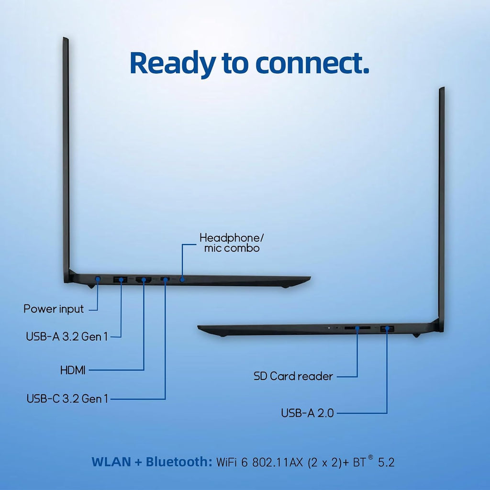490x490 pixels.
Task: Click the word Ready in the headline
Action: [x=172, y=64]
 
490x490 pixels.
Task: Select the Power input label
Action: [x=54, y=309]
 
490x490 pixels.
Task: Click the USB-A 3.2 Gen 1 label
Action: [x=67, y=336]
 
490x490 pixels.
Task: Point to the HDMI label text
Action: [x=73, y=370]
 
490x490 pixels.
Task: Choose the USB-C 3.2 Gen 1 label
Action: [x=67, y=399]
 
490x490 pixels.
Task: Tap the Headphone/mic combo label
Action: [x=232, y=243]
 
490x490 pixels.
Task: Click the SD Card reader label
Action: [x=293, y=376]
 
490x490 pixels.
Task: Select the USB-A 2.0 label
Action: [x=308, y=413]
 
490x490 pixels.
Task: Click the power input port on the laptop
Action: [x=98, y=278]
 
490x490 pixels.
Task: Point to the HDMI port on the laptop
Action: [x=144, y=279]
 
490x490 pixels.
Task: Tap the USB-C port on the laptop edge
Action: [x=165, y=279]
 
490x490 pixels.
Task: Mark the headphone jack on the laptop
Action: [x=182, y=279]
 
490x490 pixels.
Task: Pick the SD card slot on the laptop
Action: [x=357, y=328]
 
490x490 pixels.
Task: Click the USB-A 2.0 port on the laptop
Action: [x=387, y=328]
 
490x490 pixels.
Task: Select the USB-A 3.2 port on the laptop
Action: [x=120, y=279]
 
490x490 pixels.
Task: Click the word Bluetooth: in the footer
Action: [x=179, y=462]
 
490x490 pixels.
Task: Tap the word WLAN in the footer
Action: [x=111, y=462]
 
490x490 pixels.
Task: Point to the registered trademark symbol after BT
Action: [x=370, y=457]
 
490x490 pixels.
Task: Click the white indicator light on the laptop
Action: [x=329, y=328]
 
